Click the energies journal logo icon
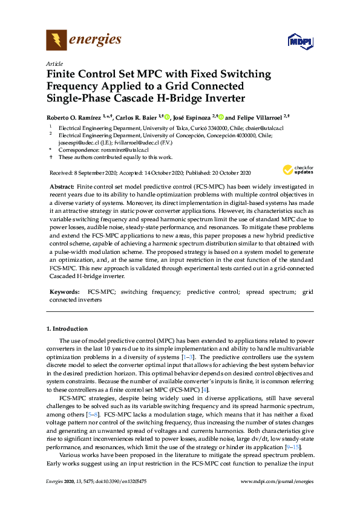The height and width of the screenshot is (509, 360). point(57,41)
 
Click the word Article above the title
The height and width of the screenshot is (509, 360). point(53,63)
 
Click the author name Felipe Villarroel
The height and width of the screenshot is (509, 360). point(259,117)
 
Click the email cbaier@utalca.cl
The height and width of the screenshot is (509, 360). point(264,128)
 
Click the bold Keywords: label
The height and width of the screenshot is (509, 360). point(65,292)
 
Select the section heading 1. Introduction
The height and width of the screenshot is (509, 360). point(67,329)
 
